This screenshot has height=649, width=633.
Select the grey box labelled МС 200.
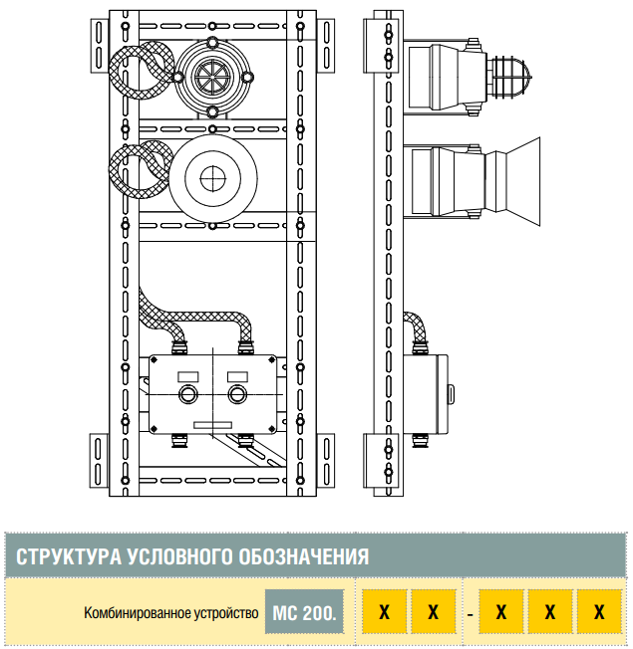tap(305, 612)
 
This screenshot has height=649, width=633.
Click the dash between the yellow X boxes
tap(470, 613)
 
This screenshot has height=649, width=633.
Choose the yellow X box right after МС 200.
tap(384, 612)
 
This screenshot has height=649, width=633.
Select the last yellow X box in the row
tap(599, 612)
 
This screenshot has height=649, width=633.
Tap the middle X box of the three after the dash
tap(550, 612)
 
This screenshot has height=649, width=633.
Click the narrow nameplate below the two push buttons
tap(212, 426)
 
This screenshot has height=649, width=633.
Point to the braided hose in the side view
tap(418, 327)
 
